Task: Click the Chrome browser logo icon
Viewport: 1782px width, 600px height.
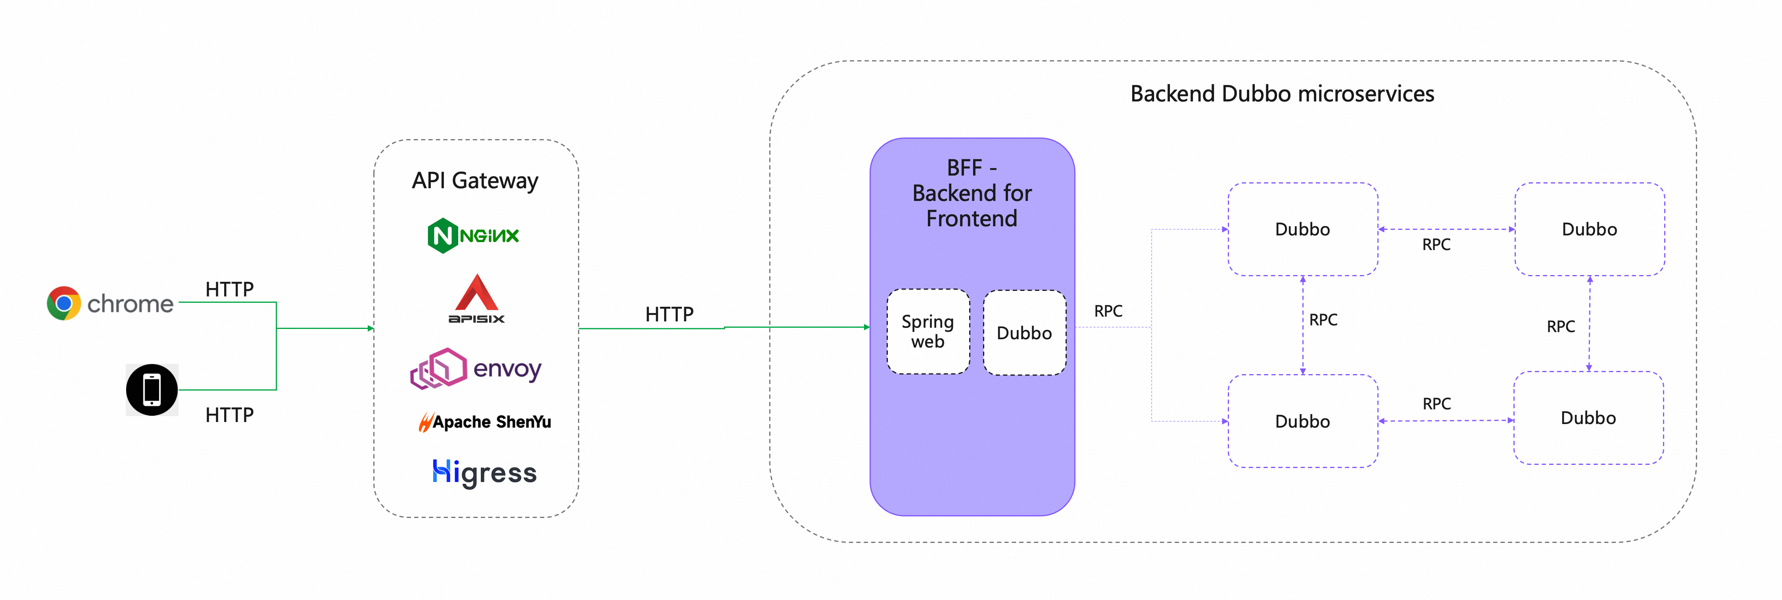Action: click(63, 304)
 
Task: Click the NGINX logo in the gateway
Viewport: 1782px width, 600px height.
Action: click(473, 236)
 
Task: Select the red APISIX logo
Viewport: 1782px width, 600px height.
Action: click(476, 299)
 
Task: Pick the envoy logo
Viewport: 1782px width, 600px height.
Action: click(476, 369)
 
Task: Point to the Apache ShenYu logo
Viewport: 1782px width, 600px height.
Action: click(484, 422)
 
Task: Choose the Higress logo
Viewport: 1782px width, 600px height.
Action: click(484, 473)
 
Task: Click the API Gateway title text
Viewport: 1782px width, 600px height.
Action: click(475, 180)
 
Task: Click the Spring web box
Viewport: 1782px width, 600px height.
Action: click(927, 332)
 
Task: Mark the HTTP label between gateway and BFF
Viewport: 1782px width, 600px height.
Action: click(669, 315)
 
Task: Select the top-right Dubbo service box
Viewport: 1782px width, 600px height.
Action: click(1589, 229)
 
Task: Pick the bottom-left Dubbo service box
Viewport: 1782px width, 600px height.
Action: click(1302, 421)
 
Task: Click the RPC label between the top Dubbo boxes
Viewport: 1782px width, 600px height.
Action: click(1436, 245)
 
